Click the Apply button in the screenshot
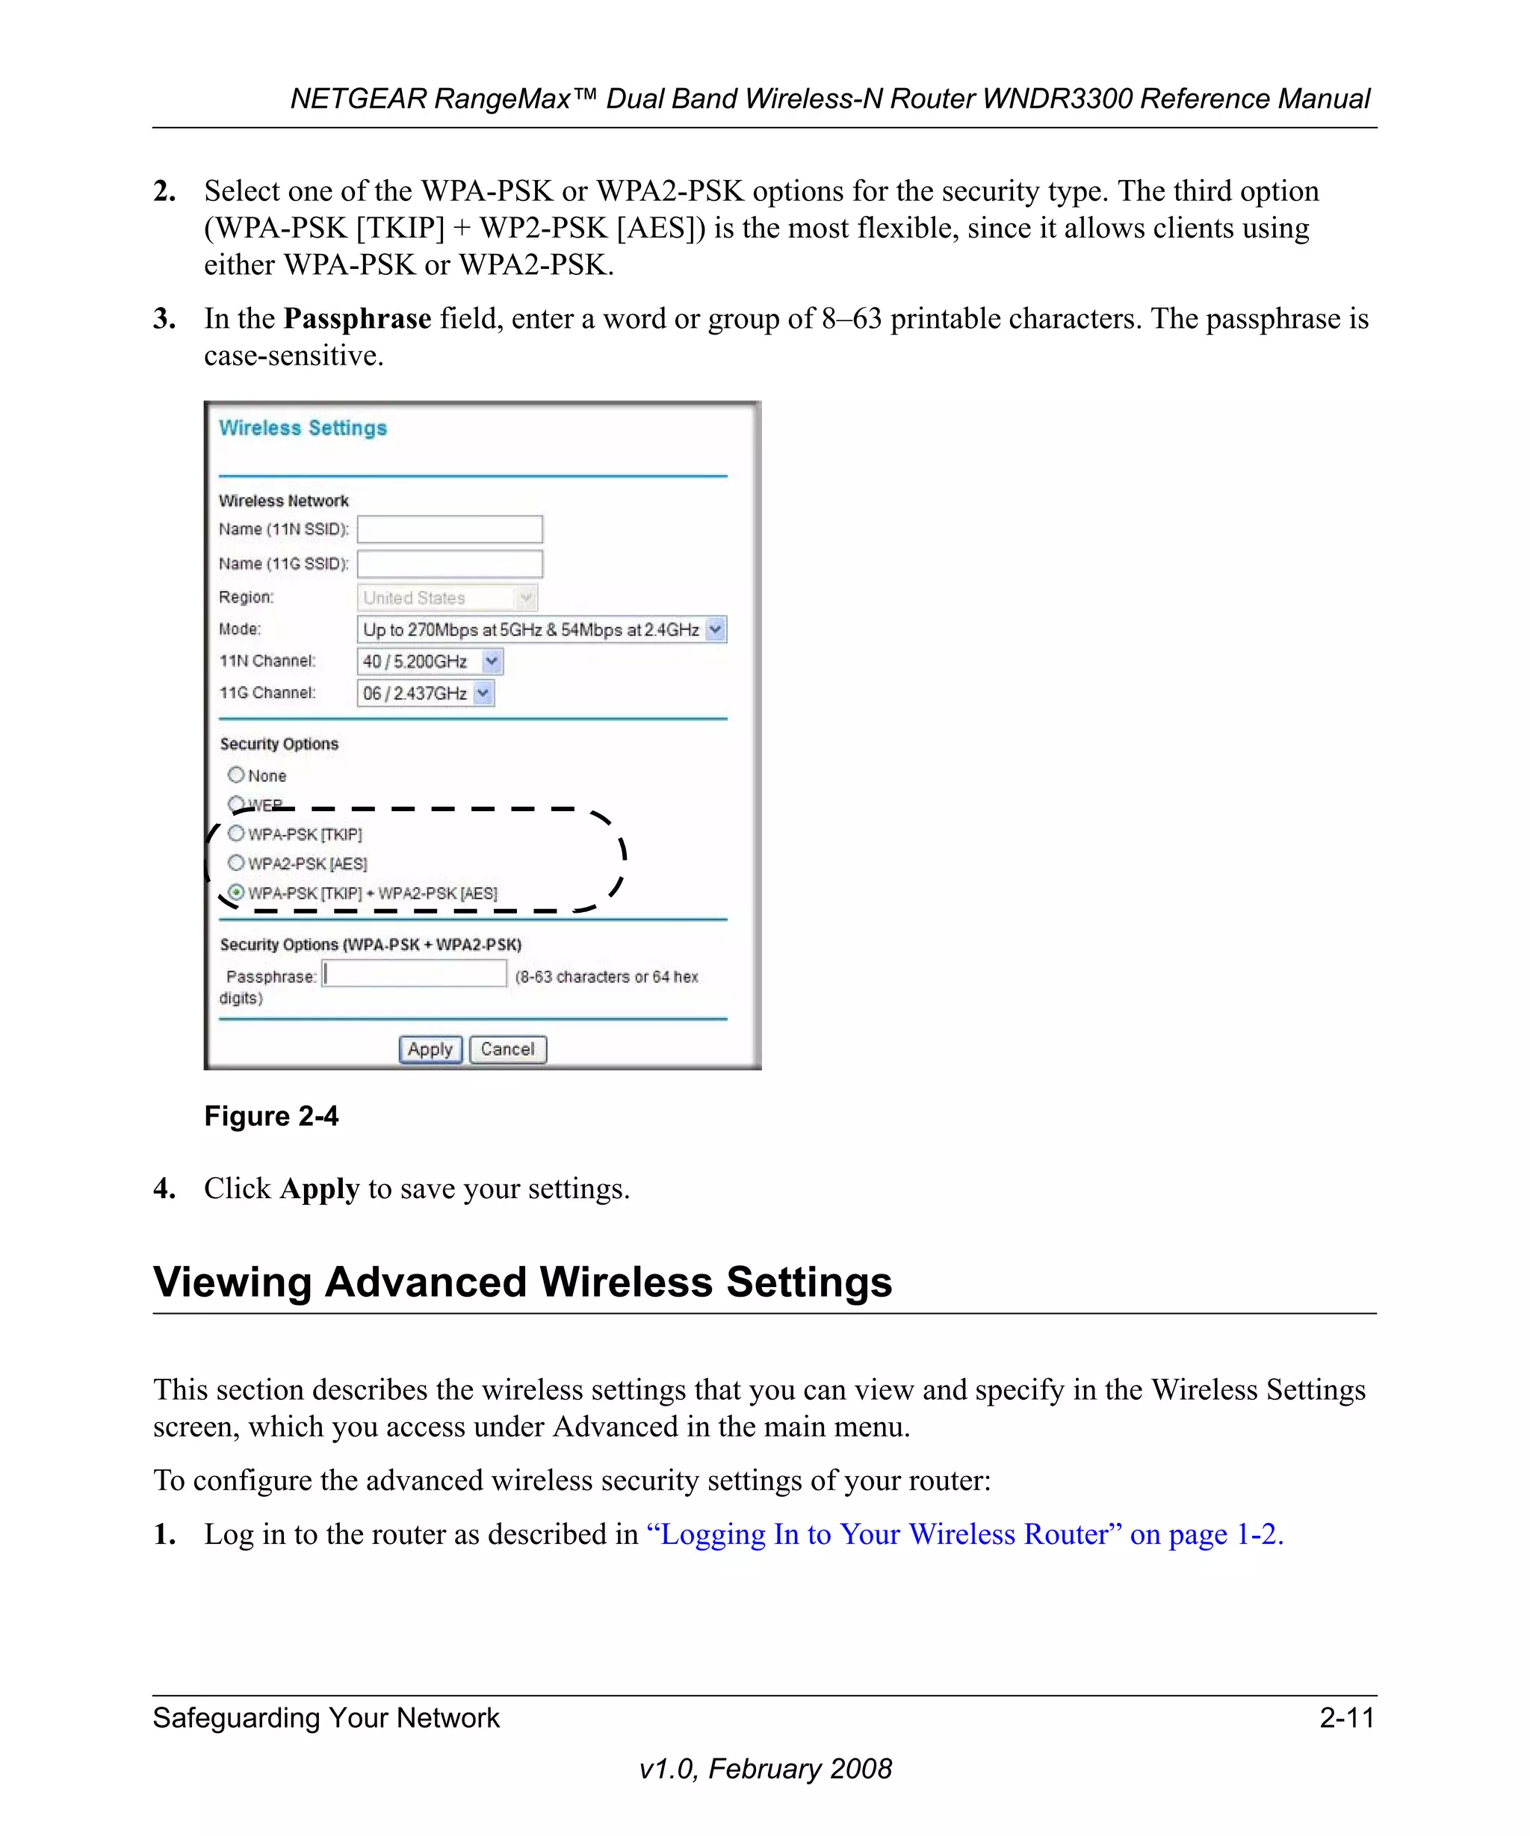tap(430, 1049)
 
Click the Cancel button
tap(507, 1049)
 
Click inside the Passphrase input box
tap(415, 974)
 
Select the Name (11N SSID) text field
tap(450, 529)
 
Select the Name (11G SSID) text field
tap(450, 564)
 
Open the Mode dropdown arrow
tap(715, 630)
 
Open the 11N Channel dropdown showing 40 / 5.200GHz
tap(492, 662)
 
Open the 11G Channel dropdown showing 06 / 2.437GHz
tap(483, 693)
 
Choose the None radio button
tap(235, 775)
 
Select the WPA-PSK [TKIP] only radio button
tap(235, 833)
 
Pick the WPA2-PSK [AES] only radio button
tap(235, 863)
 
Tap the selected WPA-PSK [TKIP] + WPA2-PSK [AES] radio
tap(235, 893)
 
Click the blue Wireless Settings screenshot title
tap(303, 427)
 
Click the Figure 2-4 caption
tap(271, 1117)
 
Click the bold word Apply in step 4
tap(319, 1189)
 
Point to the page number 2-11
tap(1346, 1718)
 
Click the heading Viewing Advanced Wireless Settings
tap(522, 1283)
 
